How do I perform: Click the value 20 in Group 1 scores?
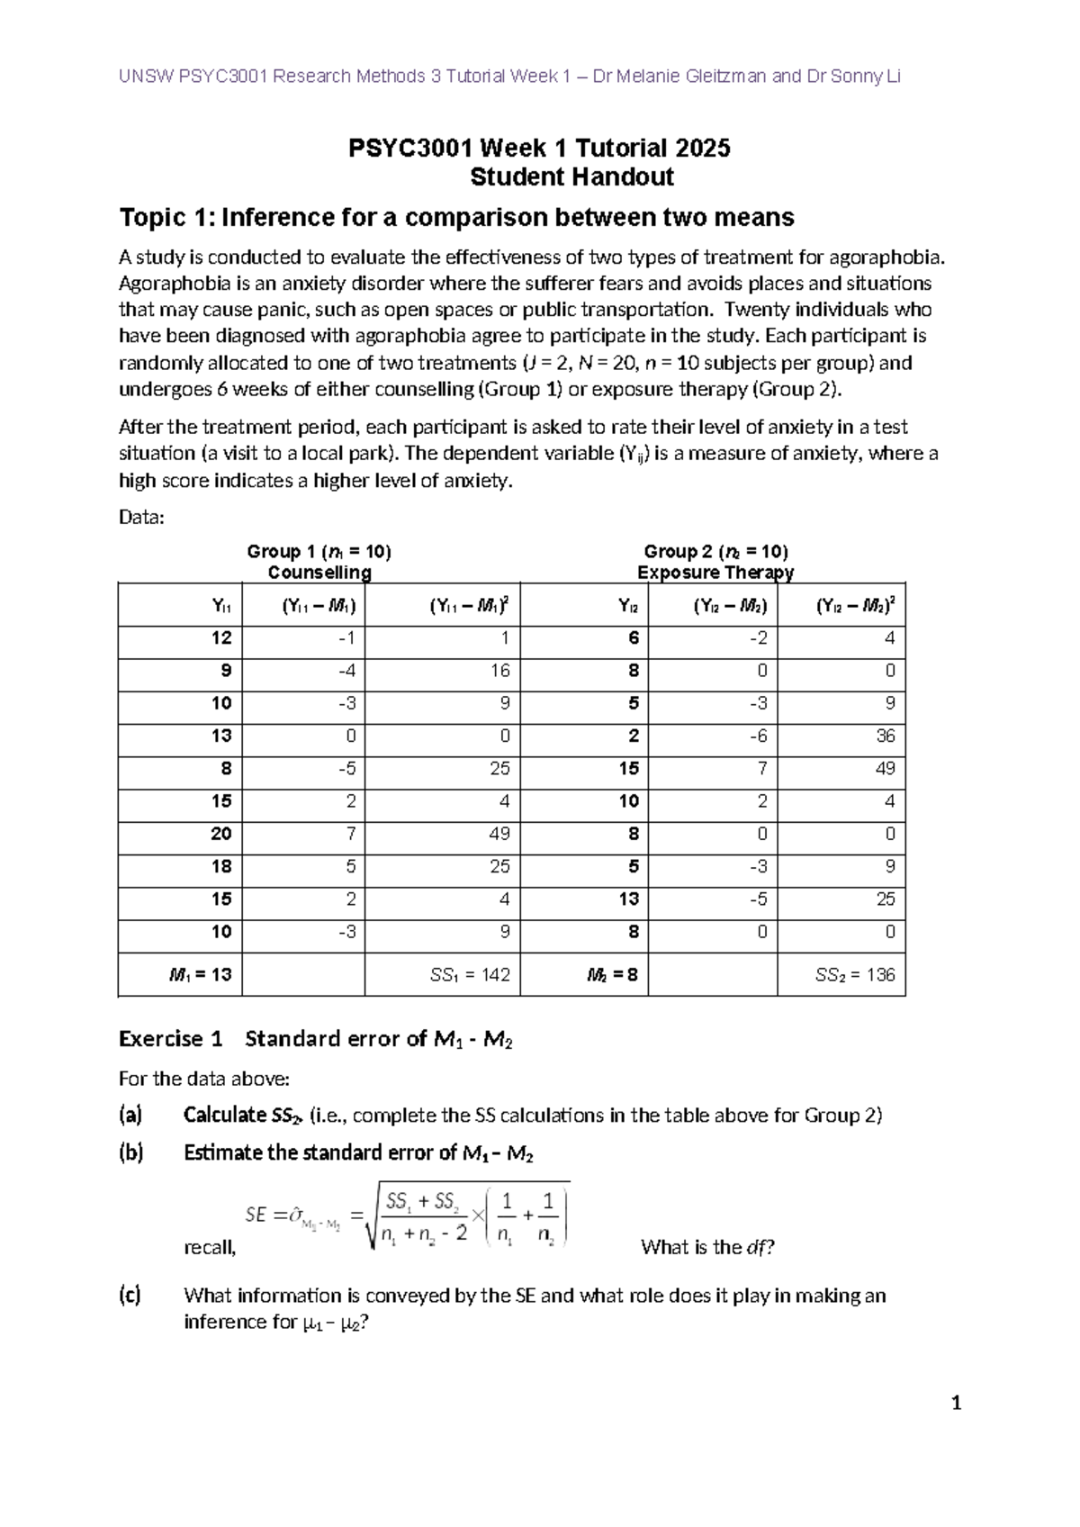pos(221,834)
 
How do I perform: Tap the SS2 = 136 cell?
pos(855,975)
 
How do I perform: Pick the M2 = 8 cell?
pos(612,975)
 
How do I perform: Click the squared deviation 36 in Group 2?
pos(886,736)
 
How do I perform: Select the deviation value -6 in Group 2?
pos(760,736)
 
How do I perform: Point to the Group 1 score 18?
pos(221,866)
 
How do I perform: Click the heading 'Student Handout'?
pos(571,176)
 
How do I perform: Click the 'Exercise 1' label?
pos(170,1039)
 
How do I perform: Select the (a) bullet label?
pos(130,1116)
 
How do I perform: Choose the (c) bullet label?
pos(130,1296)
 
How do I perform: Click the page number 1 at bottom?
pos(957,1403)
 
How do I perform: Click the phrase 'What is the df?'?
pos(707,1248)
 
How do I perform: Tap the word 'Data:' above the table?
pos(142,518)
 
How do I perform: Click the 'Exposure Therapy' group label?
pos(715,573)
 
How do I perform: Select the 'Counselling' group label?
pos(319,573)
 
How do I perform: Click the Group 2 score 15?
pos(628,769)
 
